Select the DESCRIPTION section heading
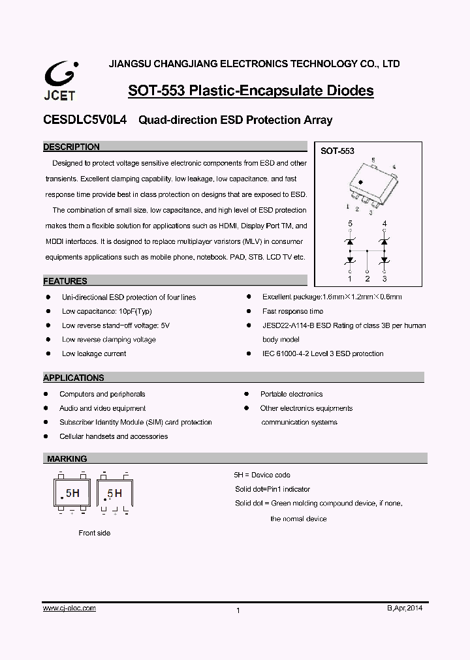point(72,147)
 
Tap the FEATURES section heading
point(65,282)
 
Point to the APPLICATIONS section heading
point(74,378)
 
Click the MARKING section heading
point(67,459)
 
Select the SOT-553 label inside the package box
point(337,151)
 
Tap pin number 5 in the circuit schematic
point(350,224)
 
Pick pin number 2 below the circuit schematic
point(368,279)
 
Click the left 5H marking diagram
point(71,494)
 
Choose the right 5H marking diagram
point(114,494)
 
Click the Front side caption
point(95,533)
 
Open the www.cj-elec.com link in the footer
point(69,608)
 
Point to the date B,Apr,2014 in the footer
point(405,608)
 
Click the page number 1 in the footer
point(238,610)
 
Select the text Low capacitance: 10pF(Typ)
point(106,311)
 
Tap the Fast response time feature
point(292,311)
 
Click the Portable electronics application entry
point(291,394)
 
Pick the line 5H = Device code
point(262,475)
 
